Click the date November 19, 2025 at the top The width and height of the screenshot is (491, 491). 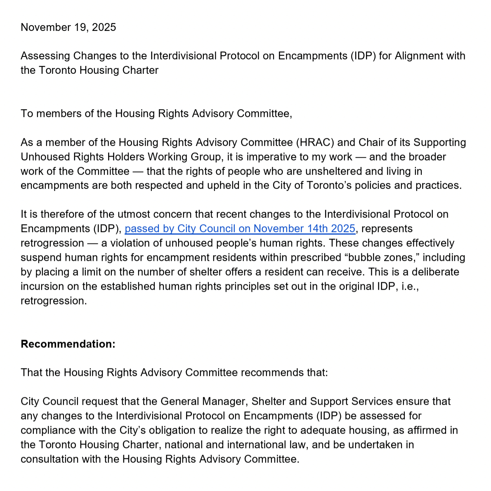(68, 27)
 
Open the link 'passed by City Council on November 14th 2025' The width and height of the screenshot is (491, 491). (240, 229)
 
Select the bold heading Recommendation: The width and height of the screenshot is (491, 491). (68, 344)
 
